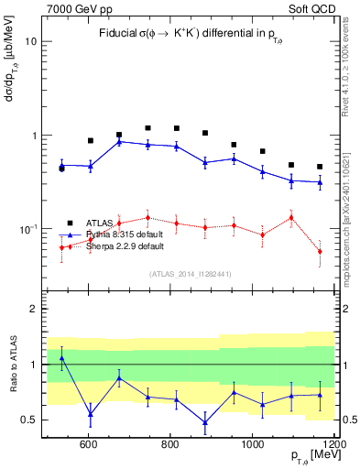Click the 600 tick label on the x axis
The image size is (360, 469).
[x=89, y=443]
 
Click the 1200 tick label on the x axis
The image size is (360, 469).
[x=332, y=443]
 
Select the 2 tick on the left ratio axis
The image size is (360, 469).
[x=34, y=310]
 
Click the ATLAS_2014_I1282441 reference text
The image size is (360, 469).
[x=190, y=273]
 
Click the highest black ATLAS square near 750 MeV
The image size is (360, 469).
[x=147, y=128]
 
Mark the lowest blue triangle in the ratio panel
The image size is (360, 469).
[x=204, y=422]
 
